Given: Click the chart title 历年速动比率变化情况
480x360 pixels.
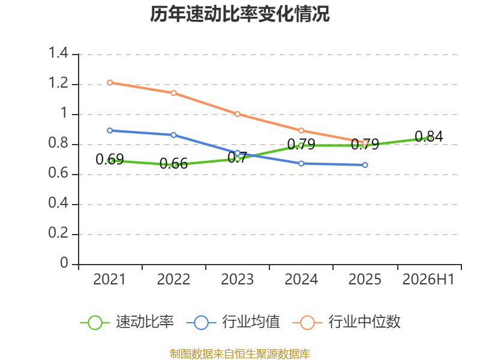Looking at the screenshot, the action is pos(239,14).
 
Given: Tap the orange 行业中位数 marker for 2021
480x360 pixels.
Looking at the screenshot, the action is pos(110,83).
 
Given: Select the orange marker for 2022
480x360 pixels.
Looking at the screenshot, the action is pos(173,93).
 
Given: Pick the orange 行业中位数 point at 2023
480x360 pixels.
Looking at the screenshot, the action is pos(238,114).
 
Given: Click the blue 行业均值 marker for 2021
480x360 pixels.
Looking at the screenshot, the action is pos(110,130).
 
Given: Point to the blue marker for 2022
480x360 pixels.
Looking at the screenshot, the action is pos(173,135).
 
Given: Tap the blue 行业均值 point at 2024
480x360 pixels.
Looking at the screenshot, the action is pos(301,163).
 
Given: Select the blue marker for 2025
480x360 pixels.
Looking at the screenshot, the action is pos(365,165).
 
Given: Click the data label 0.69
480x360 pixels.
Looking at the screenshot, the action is pos(110,159).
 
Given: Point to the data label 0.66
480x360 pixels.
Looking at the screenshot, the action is pos(173,164).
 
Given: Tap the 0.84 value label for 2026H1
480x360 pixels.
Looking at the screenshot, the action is pos(429,137).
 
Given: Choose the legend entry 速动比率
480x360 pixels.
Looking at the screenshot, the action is pos(145,322).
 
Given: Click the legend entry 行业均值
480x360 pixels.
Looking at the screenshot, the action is pos(251,322).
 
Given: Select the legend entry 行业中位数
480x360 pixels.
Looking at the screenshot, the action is pos(364,322).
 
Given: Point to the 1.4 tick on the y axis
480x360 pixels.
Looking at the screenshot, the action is pos(58,53).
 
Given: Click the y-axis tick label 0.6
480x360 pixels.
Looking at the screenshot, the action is pos(58,173).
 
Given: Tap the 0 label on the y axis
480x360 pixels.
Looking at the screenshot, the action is pos(64,263).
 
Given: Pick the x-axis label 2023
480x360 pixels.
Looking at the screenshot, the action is pos(237,280).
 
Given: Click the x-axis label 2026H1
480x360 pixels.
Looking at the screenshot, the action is pos(428,280).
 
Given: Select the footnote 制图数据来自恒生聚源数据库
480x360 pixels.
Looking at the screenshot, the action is pos(239,354).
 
